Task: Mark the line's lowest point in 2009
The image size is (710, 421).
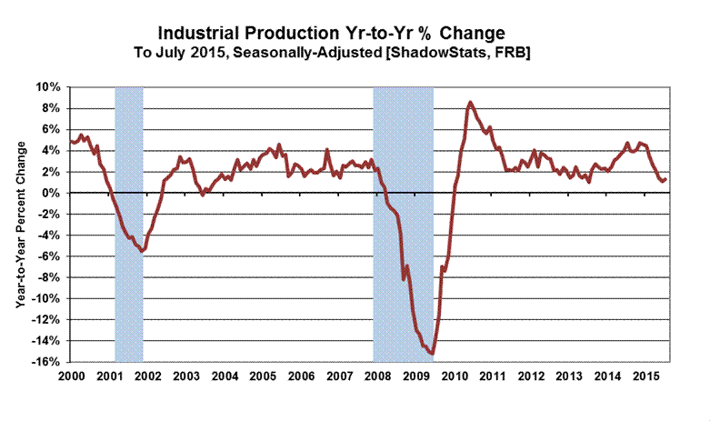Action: (x=432, y=355)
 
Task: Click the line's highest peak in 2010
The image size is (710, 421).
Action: (x=469, y=102)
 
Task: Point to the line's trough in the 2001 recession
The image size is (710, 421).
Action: (x=142, y=251)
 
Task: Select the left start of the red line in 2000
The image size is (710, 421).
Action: (x=70, y=141)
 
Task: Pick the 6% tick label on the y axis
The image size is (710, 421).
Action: (x=51, y=129)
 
